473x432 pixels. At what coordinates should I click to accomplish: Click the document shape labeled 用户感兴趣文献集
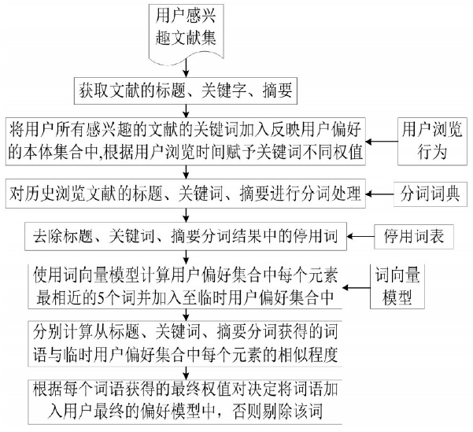(186, 33)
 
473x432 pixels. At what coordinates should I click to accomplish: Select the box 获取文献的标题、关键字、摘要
(186, 90)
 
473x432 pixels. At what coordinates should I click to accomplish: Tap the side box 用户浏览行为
(432, 141)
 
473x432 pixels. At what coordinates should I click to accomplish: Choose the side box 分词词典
(431, 194)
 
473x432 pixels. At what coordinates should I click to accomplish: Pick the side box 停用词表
(414, 237)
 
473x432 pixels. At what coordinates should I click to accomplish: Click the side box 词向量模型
(397, 286)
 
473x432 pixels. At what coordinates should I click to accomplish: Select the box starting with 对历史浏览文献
(186, 194)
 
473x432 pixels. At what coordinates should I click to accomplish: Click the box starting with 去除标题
(186, 237)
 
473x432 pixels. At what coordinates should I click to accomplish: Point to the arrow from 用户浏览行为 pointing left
(382, 142)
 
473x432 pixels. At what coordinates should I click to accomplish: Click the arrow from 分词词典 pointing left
(379, 194)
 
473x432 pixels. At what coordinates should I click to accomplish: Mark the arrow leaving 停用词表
(360, 237)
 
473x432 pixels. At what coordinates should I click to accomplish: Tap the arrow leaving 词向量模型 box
(357, 287)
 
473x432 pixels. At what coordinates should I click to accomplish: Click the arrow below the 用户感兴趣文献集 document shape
(186, 68)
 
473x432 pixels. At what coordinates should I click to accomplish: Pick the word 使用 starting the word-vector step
(48, 275)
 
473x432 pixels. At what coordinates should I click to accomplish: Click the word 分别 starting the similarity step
(48, 331)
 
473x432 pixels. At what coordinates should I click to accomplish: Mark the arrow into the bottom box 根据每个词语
(186, 374)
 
